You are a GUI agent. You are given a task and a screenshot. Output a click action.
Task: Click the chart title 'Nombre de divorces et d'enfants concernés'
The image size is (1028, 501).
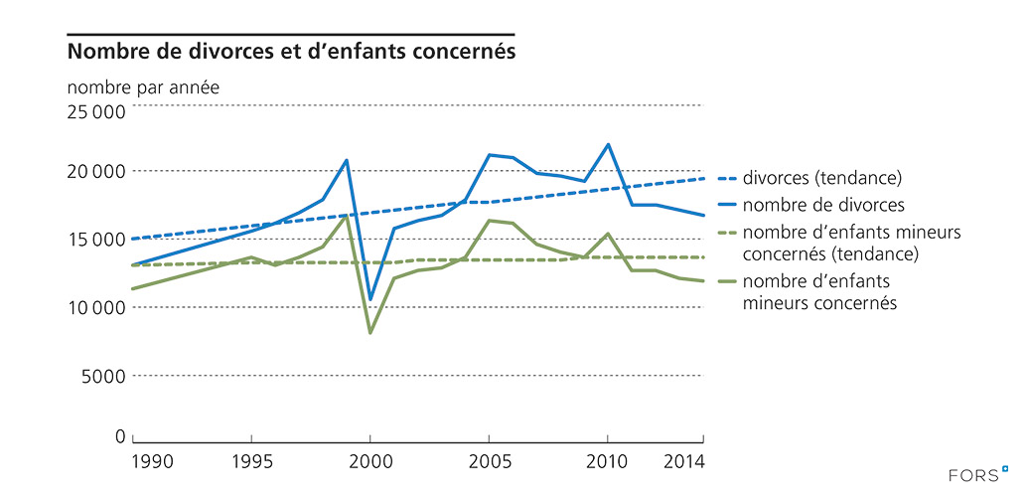[291, 51]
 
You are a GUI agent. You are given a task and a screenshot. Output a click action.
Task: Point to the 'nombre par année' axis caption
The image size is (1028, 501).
[143, 86]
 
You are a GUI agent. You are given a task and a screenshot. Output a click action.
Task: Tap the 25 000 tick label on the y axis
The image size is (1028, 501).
[95, 111]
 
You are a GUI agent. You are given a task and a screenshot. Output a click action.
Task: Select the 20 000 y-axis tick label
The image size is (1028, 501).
[95, 171]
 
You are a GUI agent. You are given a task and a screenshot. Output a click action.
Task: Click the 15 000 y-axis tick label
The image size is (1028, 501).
[95, 239]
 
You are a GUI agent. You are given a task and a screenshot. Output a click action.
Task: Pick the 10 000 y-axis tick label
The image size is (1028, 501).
[95, 307]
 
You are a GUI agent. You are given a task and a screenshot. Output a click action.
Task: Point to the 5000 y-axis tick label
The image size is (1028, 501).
[101, 375]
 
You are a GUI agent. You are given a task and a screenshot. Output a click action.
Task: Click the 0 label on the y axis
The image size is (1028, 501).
[119, 436]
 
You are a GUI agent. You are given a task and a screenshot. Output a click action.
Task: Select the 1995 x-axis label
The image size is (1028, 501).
[251, 461]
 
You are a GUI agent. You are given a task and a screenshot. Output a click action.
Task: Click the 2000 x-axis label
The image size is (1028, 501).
[369, 461]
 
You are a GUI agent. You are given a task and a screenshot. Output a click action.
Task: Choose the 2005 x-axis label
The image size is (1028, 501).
[489, 461]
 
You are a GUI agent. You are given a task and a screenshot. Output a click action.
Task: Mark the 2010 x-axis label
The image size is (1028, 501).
[607, 461]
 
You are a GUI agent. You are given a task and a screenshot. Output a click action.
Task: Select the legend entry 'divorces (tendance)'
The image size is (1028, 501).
[821, 179]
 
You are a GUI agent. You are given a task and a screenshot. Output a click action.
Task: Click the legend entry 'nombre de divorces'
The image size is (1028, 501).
[823, 206]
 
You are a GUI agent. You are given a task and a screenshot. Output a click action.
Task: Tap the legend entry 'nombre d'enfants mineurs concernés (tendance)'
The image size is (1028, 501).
[829, 245]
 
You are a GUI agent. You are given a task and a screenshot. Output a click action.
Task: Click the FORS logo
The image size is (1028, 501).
[974, 475]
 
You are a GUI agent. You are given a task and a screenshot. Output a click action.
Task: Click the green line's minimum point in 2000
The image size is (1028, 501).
[369, 332]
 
